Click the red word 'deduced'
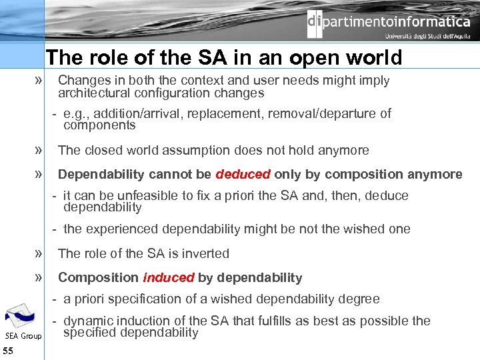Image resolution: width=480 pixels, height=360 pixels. [x=243, y=175]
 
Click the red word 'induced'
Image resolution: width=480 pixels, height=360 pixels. [x=169, y=278]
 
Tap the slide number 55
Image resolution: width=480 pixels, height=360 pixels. [x=9, y=351]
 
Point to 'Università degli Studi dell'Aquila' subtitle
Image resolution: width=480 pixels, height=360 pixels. [x=427, y=37]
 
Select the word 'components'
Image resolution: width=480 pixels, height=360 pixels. [x=99, y=125]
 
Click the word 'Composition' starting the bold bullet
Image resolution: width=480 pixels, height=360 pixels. [x=98, y=278]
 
